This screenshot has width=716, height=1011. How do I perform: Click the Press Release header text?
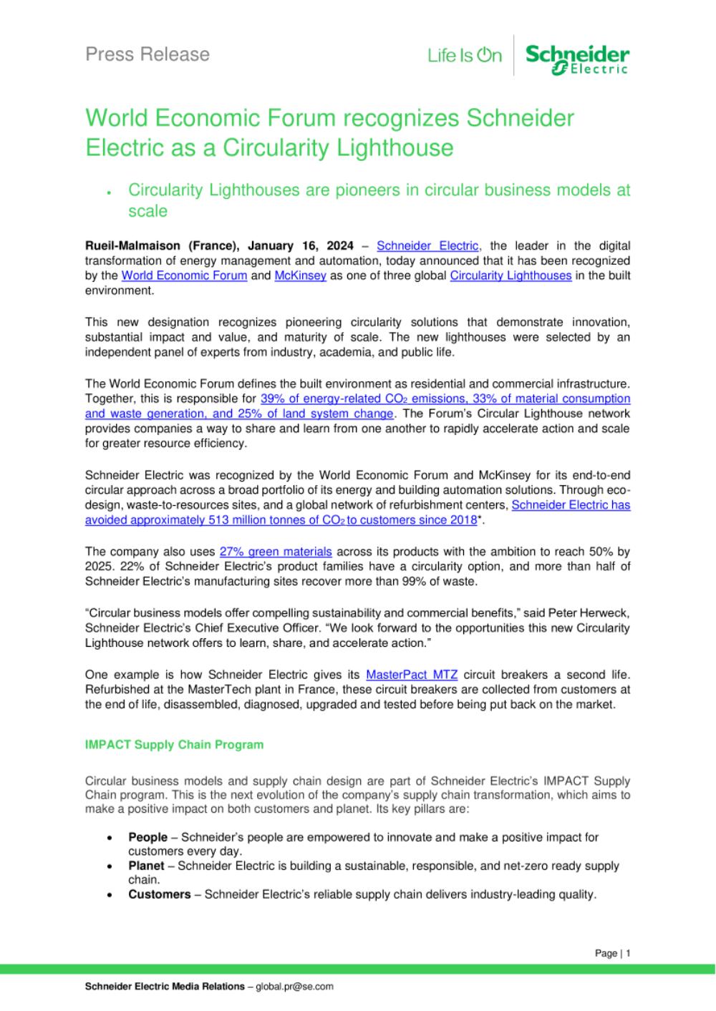(147, 54)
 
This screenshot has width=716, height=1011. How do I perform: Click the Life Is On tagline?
(465, 55)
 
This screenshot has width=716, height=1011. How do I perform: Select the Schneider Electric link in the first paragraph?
(427, 246)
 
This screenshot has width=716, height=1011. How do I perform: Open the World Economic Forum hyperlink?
(184, 275)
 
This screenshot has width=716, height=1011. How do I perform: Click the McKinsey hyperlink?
(300, 275)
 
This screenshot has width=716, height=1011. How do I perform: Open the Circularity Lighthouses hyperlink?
(511, 275)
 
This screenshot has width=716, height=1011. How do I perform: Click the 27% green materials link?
(276, 552)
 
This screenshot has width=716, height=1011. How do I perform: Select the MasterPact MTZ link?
(412, 675)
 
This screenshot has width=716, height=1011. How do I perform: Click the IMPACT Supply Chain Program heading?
(174, 745)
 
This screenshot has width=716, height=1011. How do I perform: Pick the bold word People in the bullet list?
(147, 837)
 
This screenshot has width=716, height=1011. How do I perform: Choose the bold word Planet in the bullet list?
(146, 866)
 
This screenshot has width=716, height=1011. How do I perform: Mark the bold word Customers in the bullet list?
(160, 894)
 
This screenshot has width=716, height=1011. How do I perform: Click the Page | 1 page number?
(612, 953)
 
